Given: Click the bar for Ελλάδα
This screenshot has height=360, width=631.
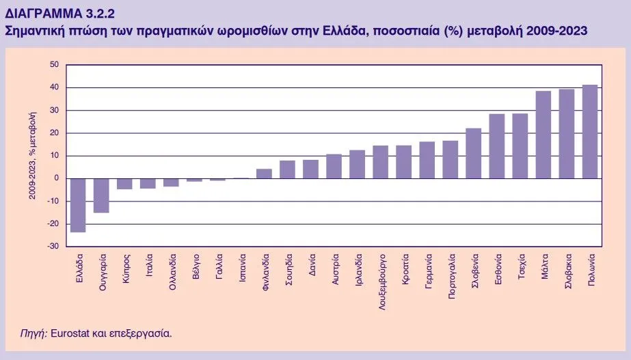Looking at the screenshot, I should pos(78,205).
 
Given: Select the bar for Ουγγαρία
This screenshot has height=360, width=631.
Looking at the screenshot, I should pos(101,195).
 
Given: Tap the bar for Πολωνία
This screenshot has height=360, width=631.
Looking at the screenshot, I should pos(589,131).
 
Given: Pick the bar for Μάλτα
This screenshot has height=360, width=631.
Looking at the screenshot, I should pos(543,135).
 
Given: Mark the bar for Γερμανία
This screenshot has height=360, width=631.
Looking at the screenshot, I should pos(427,160).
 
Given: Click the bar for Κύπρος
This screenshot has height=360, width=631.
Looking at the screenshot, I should pos(124,184).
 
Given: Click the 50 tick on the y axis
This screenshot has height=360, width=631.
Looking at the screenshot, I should pos(53,65).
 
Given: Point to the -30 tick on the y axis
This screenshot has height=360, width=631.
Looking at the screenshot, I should pos(52,246).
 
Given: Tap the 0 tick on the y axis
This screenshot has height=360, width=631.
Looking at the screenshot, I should pos(55,178).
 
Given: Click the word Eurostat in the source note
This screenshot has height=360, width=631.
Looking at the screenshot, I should pos(70,334).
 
